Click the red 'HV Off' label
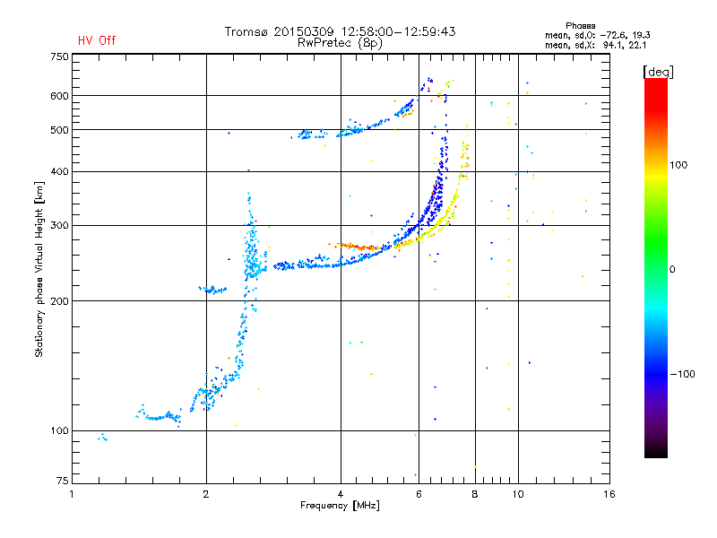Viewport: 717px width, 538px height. (97, 40)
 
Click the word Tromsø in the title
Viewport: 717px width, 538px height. (246, 31)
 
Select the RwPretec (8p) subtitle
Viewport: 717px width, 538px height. (340, 42)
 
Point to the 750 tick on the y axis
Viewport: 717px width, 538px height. (59, 56)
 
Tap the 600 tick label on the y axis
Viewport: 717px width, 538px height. (59, 96)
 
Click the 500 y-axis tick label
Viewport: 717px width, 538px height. (59, 130)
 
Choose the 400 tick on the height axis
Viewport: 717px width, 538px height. (59, 171)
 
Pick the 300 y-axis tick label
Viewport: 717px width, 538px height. (59, 225)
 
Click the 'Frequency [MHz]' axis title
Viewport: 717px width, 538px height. (340, 506)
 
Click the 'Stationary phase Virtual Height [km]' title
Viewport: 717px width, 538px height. (39, 269)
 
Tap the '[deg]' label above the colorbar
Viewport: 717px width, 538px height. (659, 71)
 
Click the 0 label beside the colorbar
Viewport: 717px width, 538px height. (672, 269)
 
